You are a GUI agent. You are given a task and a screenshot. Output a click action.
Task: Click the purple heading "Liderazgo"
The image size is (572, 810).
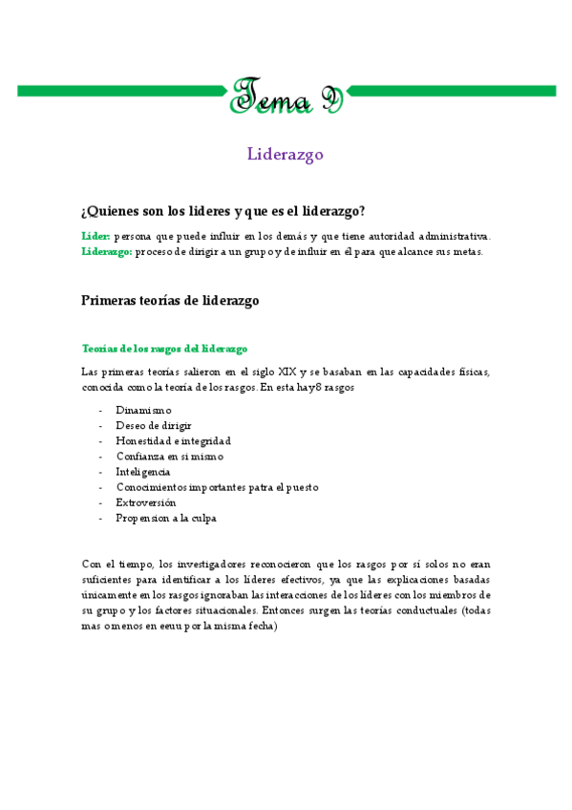(x=286, y=154)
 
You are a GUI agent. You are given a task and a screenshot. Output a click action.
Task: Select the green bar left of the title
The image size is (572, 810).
(x=122, y=91)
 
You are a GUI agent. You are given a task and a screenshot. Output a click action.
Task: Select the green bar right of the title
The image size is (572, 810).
(x=453, y=91)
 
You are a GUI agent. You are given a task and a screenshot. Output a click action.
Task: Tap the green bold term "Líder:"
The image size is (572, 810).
(x=95, y=236)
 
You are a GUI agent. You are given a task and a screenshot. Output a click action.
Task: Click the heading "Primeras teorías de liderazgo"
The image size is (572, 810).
(x=170, y=300)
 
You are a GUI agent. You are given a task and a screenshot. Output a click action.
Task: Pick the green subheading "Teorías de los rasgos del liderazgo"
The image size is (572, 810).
(x=164, y=349)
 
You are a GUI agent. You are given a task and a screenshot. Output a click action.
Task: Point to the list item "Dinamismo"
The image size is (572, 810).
(x=144, y=411)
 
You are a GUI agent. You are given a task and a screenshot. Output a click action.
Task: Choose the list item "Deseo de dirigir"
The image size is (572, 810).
(x=154, y=426)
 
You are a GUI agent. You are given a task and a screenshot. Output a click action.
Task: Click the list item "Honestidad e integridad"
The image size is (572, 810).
(x=173, y=441)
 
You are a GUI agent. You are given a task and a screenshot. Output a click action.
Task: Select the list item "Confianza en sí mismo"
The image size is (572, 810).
(x=169, y=457)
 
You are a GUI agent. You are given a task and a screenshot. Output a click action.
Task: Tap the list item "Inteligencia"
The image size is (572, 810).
(x=143, y=472)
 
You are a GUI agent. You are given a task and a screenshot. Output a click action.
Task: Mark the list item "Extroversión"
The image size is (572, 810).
(x=146, y=502)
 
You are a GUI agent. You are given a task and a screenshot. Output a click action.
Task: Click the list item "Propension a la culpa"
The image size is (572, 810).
(x=166, y=518)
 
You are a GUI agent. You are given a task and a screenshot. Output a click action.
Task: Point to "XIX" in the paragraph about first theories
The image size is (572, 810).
(x=285, y=372)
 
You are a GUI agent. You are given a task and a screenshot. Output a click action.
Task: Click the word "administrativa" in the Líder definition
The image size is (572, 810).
(x=450, y=236)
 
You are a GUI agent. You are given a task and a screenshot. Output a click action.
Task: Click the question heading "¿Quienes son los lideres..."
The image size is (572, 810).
(x=224, y=211)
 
